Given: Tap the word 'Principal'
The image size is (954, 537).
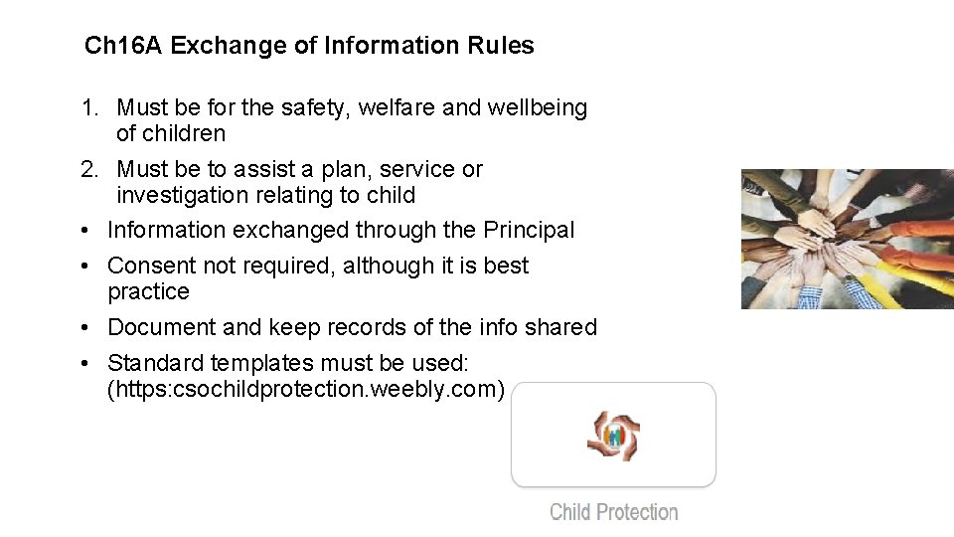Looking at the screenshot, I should pyautogui.click(x=529, y=230).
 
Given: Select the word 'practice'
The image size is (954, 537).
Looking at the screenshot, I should pyautogui.click(x=148, y=291).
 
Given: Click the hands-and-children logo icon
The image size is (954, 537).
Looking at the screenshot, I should pyautogui.click(x=613, y=436).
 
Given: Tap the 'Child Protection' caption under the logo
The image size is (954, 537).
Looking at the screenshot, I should pyautogui.click(x=613, y=512).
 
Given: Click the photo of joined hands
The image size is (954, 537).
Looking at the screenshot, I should pyautogui.click(x=847, y=239).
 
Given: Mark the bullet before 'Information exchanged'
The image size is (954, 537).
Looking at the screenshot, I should pyautogui.click(x=87, y=230).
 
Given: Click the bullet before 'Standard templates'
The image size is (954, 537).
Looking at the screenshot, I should pyautogui.click(x=87, y=363).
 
